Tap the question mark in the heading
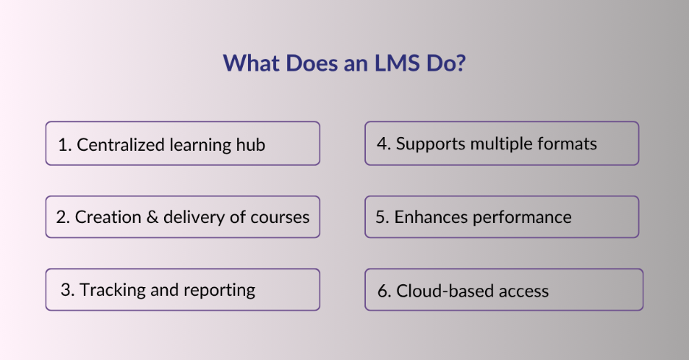(461, 63)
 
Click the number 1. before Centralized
(64, 144)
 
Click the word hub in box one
(250, 144)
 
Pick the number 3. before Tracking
(68, 289)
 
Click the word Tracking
(114, 290)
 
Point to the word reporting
(219, 290)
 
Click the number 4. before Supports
(383, 143)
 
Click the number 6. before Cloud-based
(384, 290)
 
